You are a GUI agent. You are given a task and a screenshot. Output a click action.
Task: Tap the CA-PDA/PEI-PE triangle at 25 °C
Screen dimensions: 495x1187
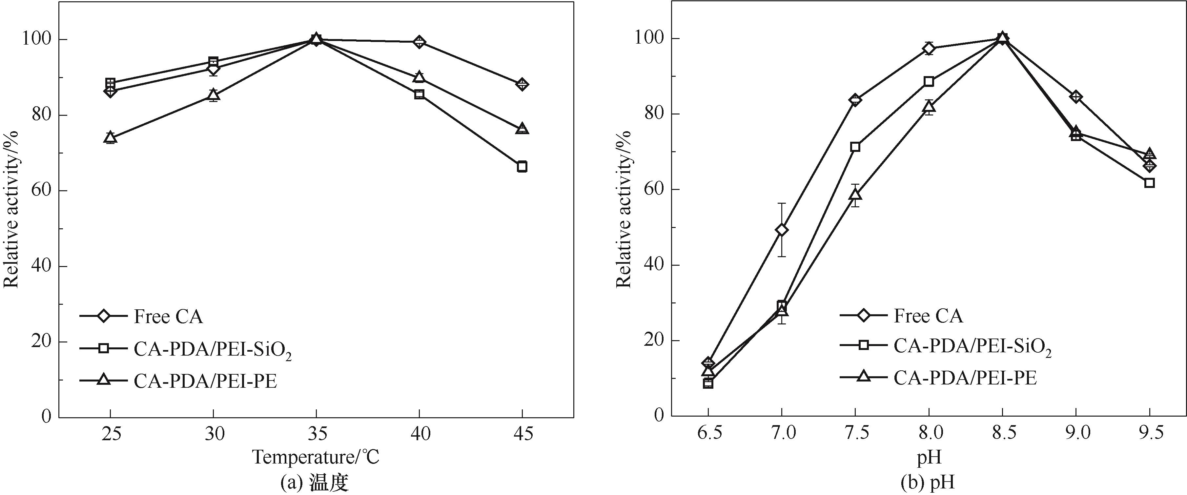[x=110, y=137]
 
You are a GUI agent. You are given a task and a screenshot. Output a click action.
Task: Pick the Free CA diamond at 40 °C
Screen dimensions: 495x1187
[x=419, y=42]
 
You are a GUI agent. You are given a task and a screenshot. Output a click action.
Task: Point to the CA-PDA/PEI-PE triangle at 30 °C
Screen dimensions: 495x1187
[x=213, y=95]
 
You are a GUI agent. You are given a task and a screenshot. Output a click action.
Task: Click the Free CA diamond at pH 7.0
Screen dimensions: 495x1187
[x=782, y=230]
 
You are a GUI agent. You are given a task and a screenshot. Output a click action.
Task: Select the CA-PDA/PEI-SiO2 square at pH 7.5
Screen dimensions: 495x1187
[x=855, y=147]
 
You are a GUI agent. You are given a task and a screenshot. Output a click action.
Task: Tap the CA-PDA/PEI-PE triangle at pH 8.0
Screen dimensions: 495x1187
[x=929, y=107]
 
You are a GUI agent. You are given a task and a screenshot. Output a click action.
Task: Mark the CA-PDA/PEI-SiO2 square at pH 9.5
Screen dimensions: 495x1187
[x=1149, y=182]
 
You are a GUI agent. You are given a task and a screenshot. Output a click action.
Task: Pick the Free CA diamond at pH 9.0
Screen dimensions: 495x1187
[x=1076, y=97]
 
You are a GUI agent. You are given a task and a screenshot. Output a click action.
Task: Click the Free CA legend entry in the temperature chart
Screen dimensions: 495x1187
[x=169, y=317]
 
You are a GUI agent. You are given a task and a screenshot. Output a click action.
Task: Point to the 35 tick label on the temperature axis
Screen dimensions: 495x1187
[x=316, y=434]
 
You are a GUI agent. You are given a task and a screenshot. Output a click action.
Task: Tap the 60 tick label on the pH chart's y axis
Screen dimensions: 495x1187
[x=650, y=189]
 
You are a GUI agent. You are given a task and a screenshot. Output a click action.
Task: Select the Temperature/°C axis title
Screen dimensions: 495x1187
[x=316, y=457]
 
